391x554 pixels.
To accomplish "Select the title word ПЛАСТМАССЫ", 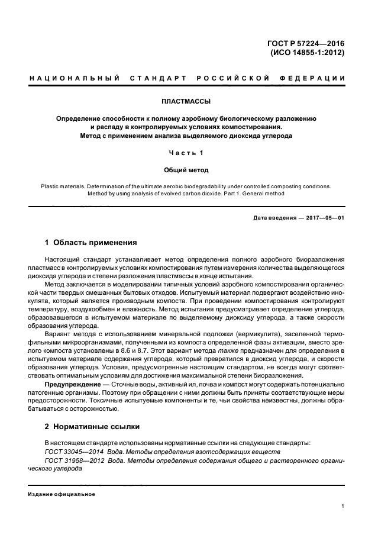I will tap(186, 101).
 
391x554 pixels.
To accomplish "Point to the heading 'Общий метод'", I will tap(186, 170).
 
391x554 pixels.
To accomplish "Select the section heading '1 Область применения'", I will tap(91, 243).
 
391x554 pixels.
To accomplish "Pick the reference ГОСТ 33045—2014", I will tap(73, 451).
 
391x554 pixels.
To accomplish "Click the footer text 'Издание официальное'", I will tap(62, 494).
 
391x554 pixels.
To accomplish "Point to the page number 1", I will tap(343, 506).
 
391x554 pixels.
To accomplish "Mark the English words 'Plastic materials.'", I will tap(66, 185).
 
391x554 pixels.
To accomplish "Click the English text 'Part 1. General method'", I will tap(249, 193).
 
